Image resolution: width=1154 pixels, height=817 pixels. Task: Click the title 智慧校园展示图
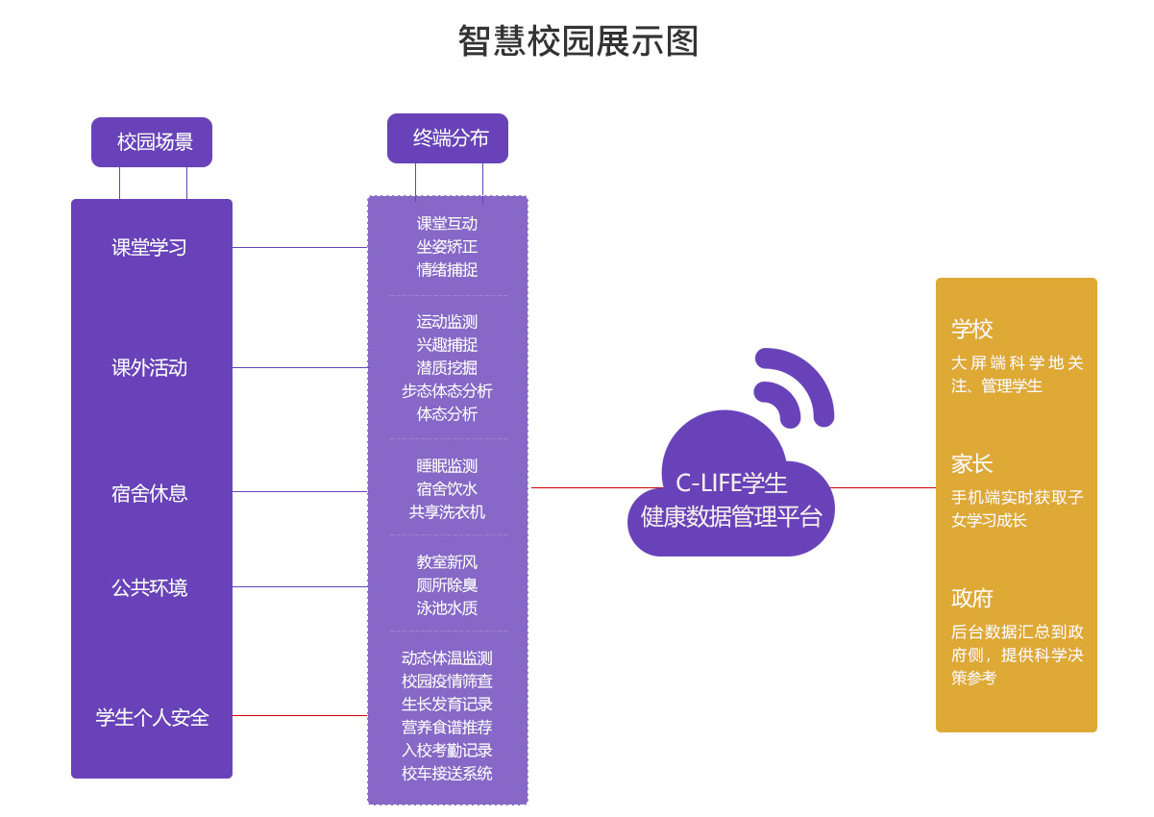click(577, 41)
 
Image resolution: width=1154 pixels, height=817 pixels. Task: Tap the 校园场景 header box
click(152, 142)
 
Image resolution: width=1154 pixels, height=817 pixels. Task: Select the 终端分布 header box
click(448, 138)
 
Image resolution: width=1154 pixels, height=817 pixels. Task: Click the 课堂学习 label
click(149, 248)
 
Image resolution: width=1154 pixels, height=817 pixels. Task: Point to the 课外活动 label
click(149, 368)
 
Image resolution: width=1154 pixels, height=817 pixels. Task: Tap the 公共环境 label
click(149, 588)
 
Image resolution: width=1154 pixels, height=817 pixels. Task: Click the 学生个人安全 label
click(152, 718)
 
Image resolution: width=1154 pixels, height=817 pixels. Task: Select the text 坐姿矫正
click(447, 247)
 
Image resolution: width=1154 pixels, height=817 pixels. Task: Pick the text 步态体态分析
click(447, 391)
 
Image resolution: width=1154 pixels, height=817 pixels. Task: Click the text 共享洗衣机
click(447, 512)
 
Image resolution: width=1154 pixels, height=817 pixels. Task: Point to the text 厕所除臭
click(447, 585)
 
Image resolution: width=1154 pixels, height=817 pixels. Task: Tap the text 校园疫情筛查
click(447, 681)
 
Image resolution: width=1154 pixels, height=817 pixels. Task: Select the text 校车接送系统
click(447, 774)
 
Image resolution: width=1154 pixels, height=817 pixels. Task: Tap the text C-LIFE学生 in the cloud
click(731, 483)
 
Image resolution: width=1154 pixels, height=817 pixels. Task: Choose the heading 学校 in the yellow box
click(972, 330)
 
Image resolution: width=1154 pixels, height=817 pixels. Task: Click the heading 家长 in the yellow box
click(972, 464)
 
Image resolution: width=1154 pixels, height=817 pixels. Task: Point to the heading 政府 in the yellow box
click(972, 599)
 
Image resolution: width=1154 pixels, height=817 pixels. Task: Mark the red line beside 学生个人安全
click(300, 715)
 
